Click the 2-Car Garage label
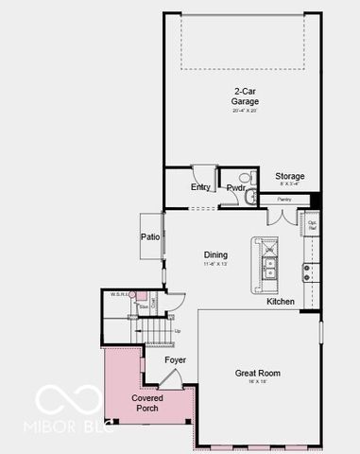click(x=246, y=96)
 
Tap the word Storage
click(x=289, y=177)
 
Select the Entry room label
click(x=200, y=187)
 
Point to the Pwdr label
click(x=235, y=188)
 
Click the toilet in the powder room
click(x=243, y=177)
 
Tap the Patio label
click(x=149, y=236)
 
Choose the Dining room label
click(x=215, y=255)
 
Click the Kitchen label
click(x=280, y=302)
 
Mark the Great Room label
click(x=257, y=374)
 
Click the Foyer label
click(x=175, y=360)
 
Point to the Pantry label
click(x=283, y=201)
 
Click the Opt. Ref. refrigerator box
click(x=313, y=226)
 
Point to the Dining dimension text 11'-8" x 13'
click(x=215, y=266)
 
